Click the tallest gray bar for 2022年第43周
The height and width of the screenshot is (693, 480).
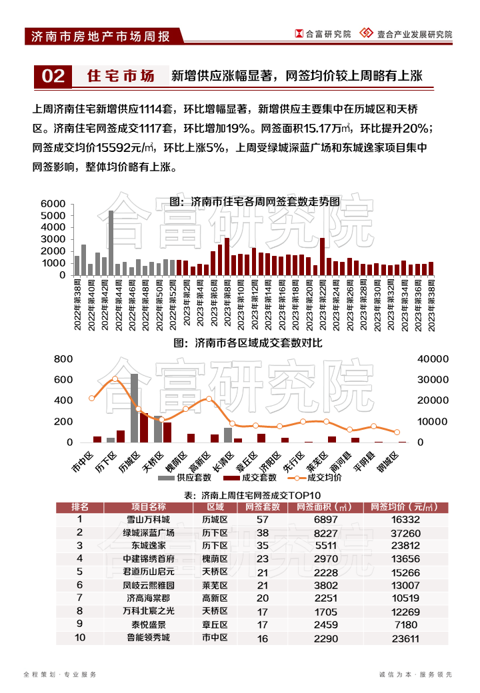[111, 243]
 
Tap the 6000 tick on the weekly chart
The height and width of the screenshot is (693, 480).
[53, 204]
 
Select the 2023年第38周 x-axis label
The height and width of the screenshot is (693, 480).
[431, 304]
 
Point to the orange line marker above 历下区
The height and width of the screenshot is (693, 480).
[115, 379]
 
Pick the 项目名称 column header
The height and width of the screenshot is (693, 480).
[149, 507]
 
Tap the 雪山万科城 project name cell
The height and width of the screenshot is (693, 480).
[149, 520]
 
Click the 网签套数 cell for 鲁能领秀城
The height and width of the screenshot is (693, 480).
[262, 638]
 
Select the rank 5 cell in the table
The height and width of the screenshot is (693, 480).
[80, 572]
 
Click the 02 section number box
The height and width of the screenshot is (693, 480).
[53, 77]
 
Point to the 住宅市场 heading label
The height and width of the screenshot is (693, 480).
[121, 77]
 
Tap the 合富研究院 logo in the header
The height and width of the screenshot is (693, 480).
[323, 34]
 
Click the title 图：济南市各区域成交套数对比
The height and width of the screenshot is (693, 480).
[247, 343]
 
